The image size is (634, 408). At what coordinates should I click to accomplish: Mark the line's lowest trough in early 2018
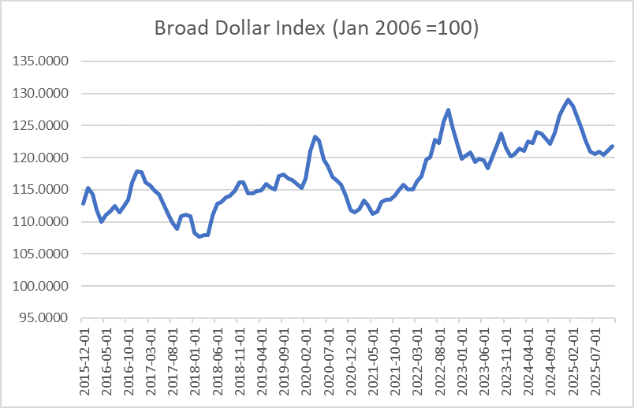pyautogui.click(x=199, y=236)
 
